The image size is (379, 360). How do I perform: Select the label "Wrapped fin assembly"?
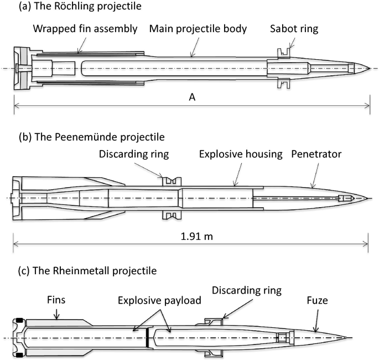pyautogui.click(x=84, y=29)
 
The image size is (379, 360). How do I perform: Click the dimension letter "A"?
pyautogui.click(x=192, y=97)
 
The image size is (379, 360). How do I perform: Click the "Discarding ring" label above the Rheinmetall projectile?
pyautogui.click(x=247, y=290)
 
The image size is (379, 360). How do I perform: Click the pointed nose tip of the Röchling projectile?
pyautogui.click(x=369, y=68)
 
